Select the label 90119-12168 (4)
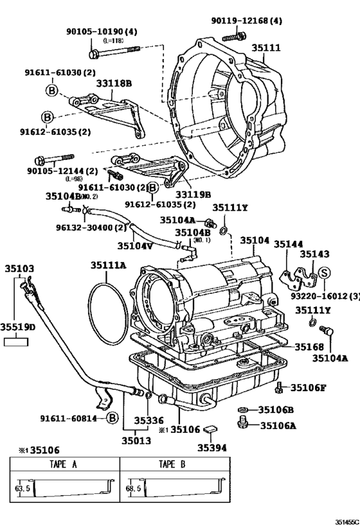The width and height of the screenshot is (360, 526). click(246, 21)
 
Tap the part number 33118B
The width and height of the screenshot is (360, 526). click(114, 83)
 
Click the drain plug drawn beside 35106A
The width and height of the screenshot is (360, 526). click(242, 423)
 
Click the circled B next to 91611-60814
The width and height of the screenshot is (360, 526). click(112, 418)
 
